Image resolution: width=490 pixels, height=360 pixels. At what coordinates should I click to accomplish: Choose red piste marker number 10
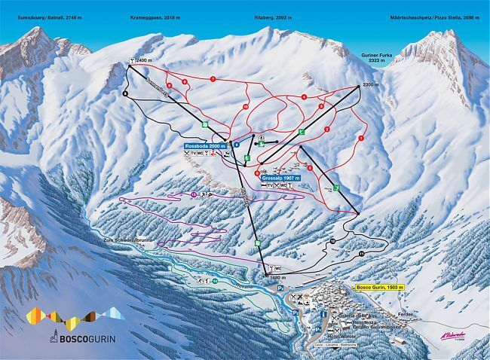[x=246, y=108]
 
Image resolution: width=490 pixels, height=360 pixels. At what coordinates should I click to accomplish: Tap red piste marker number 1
[x=362, y=139]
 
